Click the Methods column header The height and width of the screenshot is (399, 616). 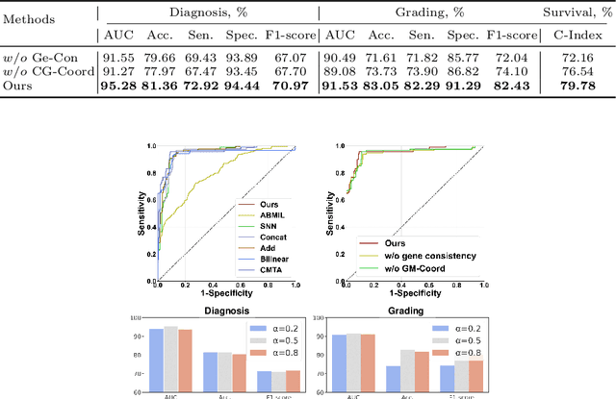point(39,17)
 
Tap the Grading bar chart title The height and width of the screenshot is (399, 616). point(400,312)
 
